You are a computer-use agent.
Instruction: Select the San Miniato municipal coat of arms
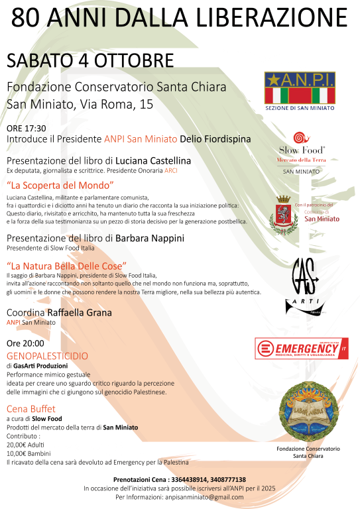283,213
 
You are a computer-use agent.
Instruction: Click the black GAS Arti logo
301,286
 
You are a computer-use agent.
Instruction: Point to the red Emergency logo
302,349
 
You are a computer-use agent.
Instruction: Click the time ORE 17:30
27,129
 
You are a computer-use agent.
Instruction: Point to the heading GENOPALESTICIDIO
46,356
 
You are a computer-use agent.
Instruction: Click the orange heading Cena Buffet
31,408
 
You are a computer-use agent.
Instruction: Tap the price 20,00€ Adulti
27,445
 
